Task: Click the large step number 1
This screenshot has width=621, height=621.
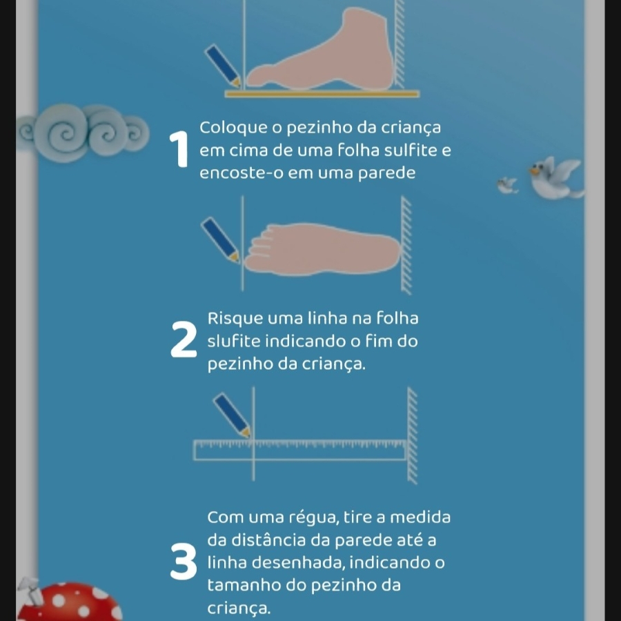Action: pyautogui.click(x=179, y=149)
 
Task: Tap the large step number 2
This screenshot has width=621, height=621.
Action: pyautogui.click(x=184, y=339)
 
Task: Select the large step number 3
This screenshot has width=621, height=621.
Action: pyautogui.click(x=184, y=561)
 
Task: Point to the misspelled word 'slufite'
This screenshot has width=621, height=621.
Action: pyautogui.click(x=234, y=341)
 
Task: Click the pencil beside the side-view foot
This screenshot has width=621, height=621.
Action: pyautogui.click(x=223, y=66)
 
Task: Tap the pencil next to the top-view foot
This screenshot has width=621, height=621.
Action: pyautogui.click(x=220, y=239)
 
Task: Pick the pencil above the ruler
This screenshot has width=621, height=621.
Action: pyautogui.click(x=232, y=415)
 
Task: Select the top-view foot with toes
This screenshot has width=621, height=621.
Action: pyautogui.click(x=322, y=249)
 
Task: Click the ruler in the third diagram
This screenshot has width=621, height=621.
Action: pyautogui.click(x=300, y=450)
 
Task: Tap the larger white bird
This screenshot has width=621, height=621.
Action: pyautogui.click(x=555, y=178)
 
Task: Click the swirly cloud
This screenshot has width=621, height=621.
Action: pyautogui.click(x=83, y=132)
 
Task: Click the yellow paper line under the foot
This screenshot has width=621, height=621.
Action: pyautogui.click(x=322, y=94)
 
